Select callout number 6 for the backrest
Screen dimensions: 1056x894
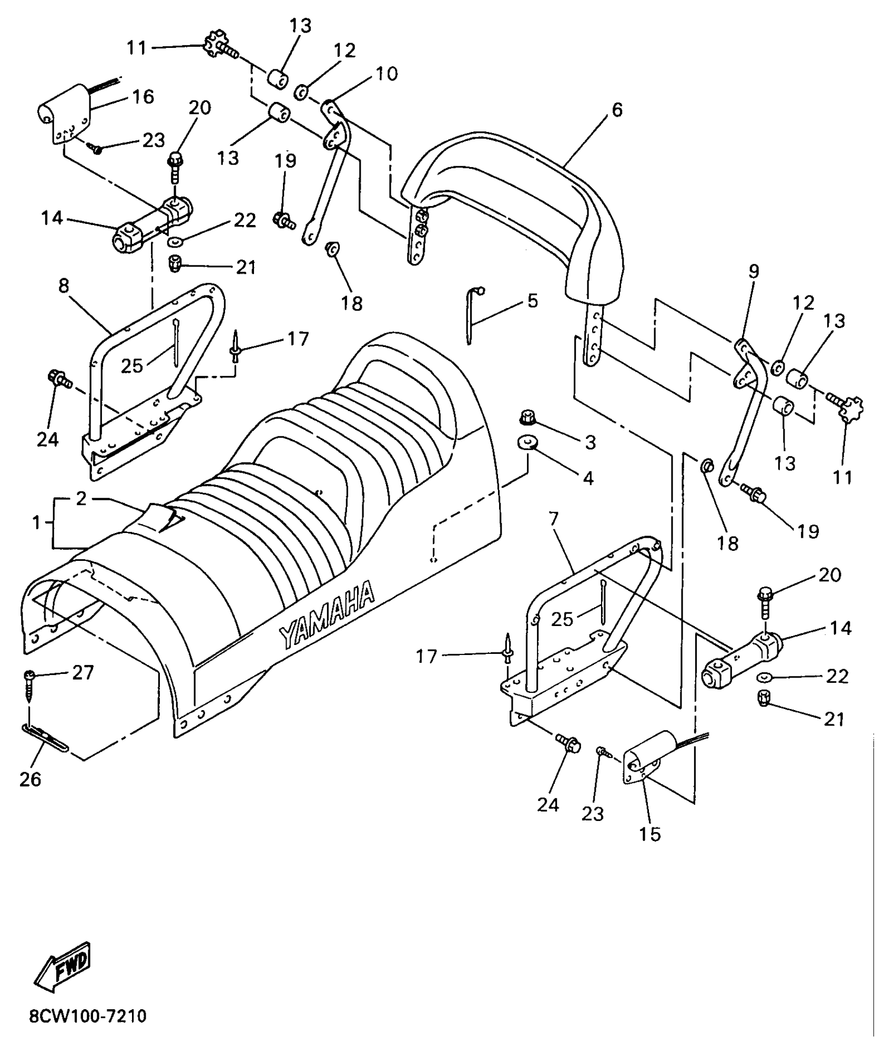pos(617,110)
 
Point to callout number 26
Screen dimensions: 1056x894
pos(30,778)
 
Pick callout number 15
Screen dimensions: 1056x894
pos(650,834)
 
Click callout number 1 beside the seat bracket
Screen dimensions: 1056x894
pos(36,522)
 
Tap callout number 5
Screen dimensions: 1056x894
pos(533,301)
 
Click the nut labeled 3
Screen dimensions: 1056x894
pos(527,417)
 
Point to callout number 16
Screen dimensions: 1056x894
pos(143,97)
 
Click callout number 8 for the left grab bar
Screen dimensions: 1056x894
pos(64,286)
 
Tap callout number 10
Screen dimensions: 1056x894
pos(387,74)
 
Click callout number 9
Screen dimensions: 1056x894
pos(754,272)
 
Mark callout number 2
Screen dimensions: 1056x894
pos(80,499)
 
